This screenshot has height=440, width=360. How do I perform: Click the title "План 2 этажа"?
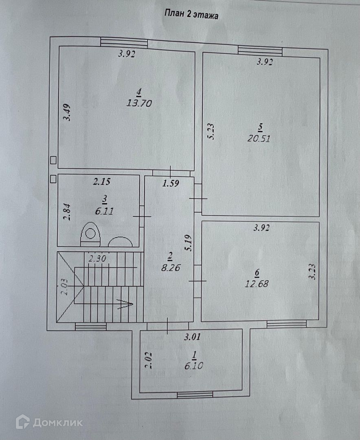191,15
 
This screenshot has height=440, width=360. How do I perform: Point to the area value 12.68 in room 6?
257,284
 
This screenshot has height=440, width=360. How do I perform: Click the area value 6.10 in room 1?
193,366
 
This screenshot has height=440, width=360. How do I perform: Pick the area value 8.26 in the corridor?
169,268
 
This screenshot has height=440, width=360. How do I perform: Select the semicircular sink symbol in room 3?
120,242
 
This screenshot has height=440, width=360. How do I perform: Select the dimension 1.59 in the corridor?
171,183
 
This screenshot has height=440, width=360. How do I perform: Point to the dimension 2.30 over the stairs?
97,258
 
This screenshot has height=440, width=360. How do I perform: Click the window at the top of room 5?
260,51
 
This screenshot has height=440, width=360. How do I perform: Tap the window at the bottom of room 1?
195,394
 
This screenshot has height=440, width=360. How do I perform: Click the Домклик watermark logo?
49,422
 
